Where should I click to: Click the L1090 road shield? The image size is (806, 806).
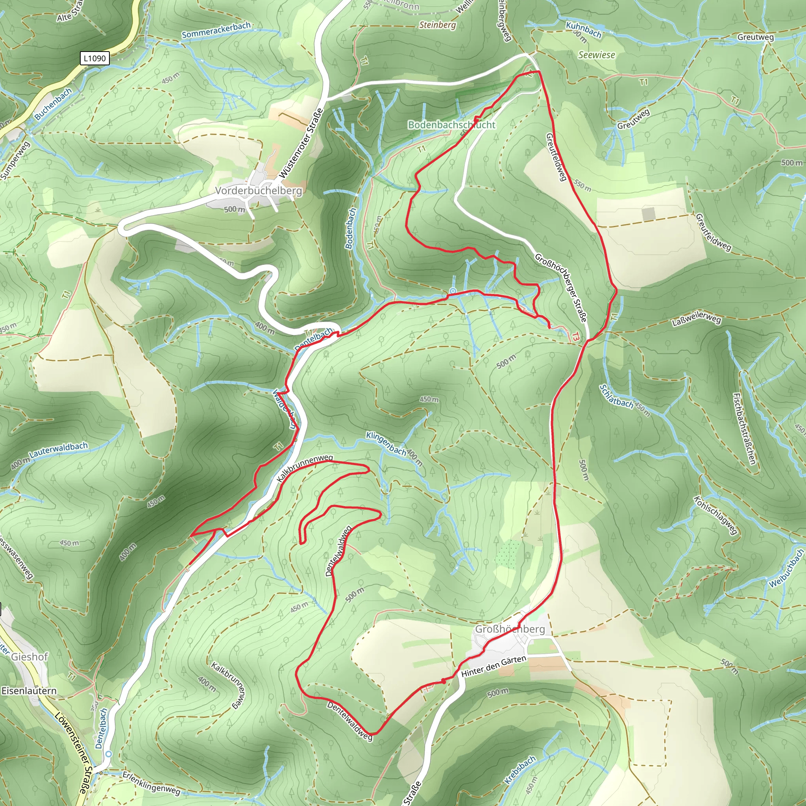tap(95, 58)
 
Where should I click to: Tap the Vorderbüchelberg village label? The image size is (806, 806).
tap(258, 190)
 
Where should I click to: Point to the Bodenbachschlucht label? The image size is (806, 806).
tap(451, 125)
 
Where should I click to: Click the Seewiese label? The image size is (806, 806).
tap(596, 55)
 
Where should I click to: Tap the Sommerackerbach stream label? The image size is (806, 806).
tap(216, 30)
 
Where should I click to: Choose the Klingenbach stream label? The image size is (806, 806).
tap(386, 443)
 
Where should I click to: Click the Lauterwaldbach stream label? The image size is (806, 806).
tap(58, 449)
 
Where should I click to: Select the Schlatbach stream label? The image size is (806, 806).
tap(616, 396)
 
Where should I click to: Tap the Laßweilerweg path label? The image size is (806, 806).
tap(696, 319)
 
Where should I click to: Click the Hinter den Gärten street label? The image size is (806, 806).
tap(494, 666)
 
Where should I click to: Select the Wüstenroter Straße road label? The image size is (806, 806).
tap(301, 144)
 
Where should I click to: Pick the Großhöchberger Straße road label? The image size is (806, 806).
tap(561, 287)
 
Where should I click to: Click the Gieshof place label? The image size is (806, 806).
tap(29, 657)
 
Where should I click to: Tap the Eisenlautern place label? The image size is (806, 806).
tap(29, 690)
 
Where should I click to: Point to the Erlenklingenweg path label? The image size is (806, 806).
tap(151, 783)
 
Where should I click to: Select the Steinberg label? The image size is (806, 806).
tap(437, 25)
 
